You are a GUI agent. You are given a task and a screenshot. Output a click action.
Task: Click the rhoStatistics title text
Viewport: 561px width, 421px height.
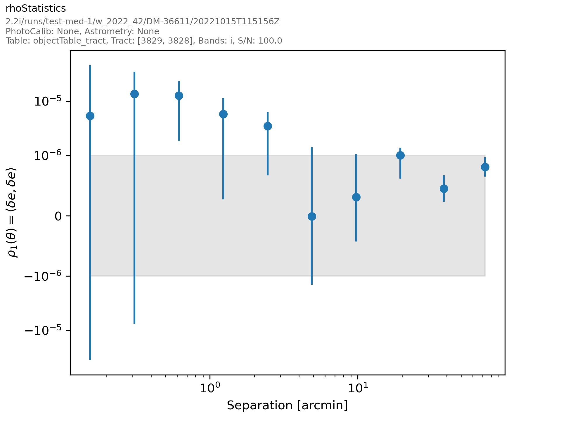(x=36, y=9)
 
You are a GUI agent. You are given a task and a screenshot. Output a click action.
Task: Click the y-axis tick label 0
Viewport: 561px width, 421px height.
(x=58, y=216)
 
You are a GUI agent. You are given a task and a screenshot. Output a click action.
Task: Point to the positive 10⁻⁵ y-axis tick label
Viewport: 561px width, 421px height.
(x=48, y=101)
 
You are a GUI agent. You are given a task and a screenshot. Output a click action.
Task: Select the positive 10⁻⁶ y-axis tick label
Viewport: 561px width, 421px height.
(x=48, y=156)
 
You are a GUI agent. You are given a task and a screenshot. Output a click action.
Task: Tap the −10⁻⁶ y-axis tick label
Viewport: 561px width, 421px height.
(x=43, y=276)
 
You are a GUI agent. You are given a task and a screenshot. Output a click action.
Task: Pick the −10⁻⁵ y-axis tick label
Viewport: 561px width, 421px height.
(x=43, y=331)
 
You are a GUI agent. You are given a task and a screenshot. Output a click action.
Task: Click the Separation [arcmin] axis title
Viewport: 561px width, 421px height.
(x=287, y=406)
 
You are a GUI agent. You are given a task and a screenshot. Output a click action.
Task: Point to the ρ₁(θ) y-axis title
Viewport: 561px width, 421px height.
(x=12, y=213)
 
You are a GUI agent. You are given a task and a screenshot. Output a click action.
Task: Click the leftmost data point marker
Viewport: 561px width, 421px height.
(x=90, y=116)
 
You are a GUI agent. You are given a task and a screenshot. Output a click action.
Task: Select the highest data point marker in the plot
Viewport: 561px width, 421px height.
(x=134, y=94)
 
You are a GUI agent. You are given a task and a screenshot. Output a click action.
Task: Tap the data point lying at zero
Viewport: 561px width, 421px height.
(x=312, y=216)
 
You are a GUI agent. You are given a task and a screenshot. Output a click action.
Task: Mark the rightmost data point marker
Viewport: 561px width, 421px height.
(x=485, y=167)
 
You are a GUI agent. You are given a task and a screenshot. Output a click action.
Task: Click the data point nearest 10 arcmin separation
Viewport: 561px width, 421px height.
(x=356, y=197)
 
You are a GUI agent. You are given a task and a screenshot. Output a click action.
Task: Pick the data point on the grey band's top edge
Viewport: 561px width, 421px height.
(x=400, y=155)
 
